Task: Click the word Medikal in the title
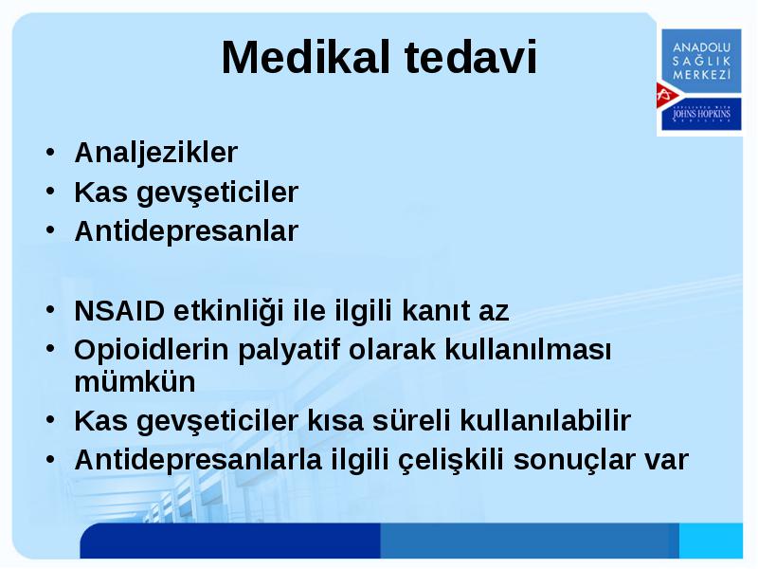tap(305, 57)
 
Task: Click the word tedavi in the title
tap(471, 57)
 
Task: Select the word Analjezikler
tap(156, 153)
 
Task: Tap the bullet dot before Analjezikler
tap(51, 152)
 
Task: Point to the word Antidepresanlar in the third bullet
tap(187, 230)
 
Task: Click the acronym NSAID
tap(119, 311)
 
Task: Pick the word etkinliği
tap(228, 312)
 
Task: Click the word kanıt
tap(436, 311)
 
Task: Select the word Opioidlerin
tap(152, 349)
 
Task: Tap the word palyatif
tap(289, 350)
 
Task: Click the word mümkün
tap(135, 381)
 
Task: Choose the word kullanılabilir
tap(546, 420)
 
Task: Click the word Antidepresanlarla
tap(198, 460)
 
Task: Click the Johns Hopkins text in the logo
tap(701, 114)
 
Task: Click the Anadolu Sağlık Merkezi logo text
tap(701, 61)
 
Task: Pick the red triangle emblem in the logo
tap(668, 95)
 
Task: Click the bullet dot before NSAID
tap(51, 310)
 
